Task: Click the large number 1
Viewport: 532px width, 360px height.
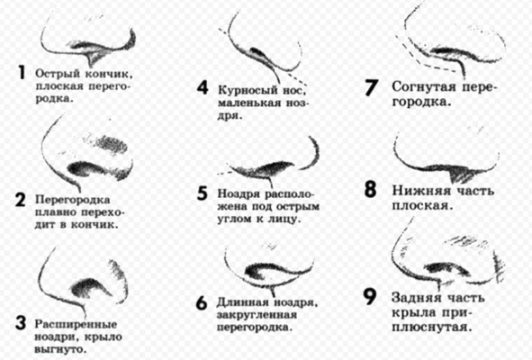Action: pos(22,72)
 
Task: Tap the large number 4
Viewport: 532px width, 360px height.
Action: pos(203,87)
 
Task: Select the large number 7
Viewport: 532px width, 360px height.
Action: pos(371,87)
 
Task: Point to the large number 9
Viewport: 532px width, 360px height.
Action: pos(370,297)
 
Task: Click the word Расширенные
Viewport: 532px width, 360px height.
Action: pos(76,324)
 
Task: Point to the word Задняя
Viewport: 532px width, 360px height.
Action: pos(417,298)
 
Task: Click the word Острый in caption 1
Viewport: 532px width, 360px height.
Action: pos(58,73)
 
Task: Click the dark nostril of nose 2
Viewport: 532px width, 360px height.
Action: pos(85,168)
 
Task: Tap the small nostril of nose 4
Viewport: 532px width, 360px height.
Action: pos(259,53)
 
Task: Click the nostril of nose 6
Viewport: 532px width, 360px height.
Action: pos(265,270)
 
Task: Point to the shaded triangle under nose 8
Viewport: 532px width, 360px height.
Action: pos(459,175)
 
